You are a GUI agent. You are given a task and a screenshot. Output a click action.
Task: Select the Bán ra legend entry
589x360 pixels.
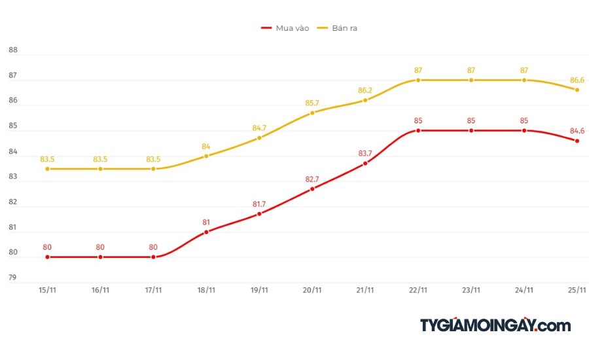[x=338, y=28]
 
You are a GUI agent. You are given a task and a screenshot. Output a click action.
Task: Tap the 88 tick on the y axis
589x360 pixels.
[x=12, y=50]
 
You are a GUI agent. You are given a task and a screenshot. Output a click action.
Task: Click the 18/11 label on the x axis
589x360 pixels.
[x=206, y=290]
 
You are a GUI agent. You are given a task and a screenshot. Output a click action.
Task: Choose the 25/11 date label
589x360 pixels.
[x=577, y=290]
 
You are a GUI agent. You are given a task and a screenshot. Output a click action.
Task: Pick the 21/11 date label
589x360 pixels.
[x=365, y=290]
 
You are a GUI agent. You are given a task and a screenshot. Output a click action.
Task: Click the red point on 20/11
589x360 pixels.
[x=312, y=189]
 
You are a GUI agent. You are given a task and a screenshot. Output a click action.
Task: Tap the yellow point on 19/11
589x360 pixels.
[x=259, y=138]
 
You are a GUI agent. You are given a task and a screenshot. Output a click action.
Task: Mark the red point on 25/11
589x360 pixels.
[x=577, y=141]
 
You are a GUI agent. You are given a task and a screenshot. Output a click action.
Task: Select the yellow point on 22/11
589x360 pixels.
[x=418, y=80]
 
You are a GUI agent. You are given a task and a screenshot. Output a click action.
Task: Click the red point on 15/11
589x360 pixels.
[x=47, y=257]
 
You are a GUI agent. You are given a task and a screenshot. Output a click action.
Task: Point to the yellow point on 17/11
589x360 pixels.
[x=153, y=169]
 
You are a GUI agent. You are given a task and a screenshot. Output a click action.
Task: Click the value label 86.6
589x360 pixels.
[x=576, y=79]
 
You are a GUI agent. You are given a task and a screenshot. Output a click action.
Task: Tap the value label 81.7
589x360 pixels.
[x=259, y=204]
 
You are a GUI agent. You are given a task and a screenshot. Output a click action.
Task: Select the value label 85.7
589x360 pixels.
[x=312, y=103]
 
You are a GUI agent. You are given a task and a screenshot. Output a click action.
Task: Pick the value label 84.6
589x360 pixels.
[x=576, y=131]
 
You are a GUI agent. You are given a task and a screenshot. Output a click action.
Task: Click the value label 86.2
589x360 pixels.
[x=365, y=90]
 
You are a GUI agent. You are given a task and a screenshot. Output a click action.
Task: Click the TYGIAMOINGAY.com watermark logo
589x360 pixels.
[x=495, y=325]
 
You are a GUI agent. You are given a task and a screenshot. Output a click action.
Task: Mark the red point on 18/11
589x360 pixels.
[x=206, y=232]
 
